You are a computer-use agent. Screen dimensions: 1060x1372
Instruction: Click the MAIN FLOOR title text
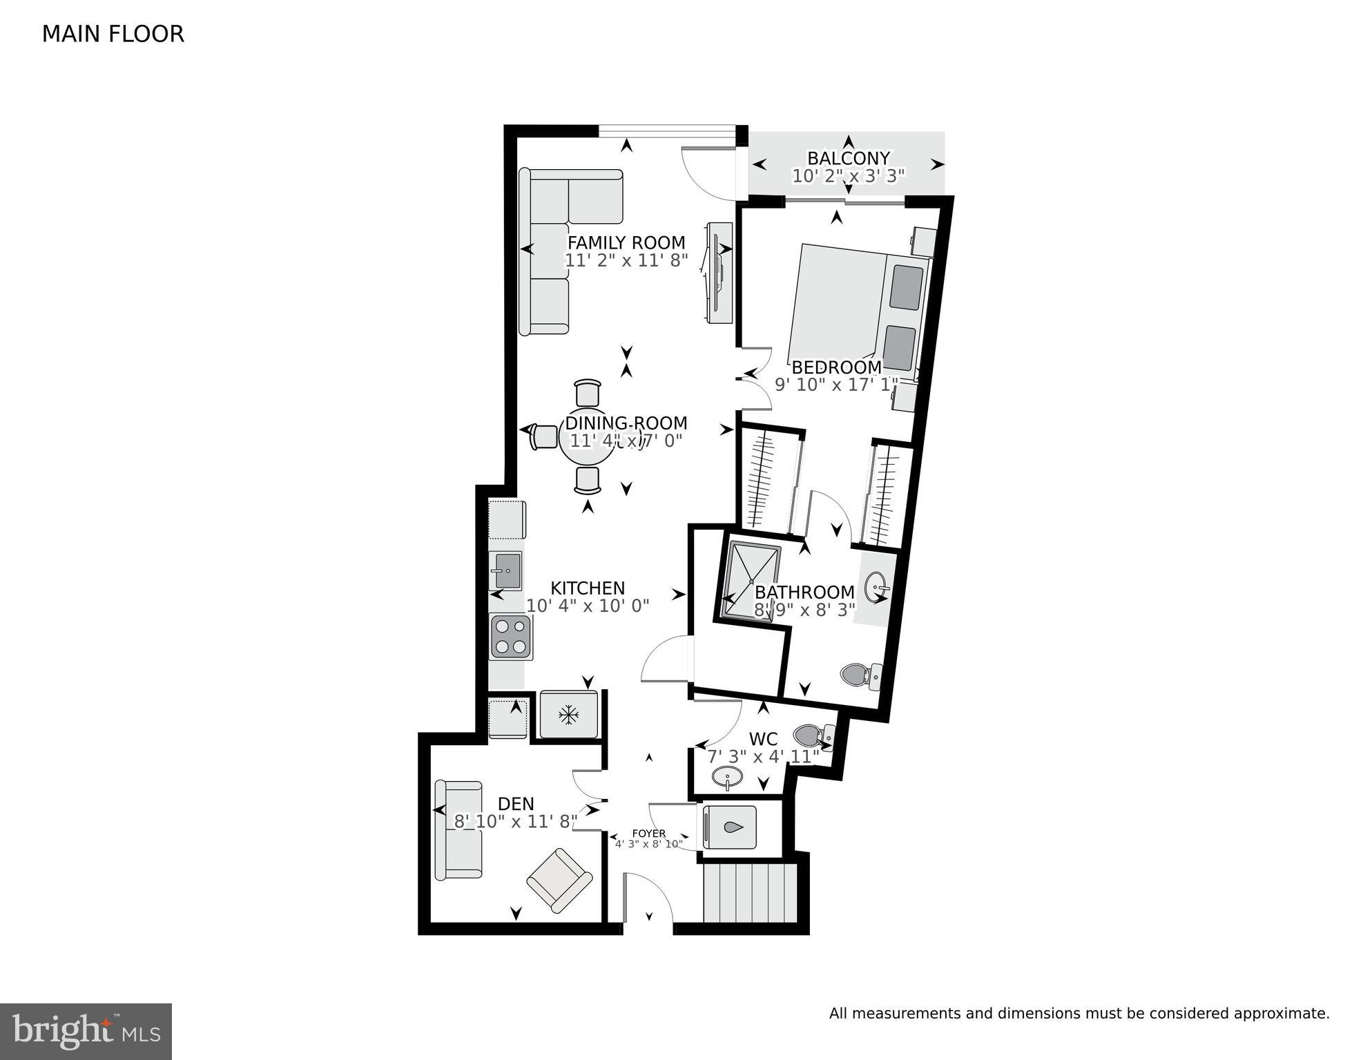[113, 34]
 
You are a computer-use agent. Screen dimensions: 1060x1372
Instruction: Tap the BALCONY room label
[848, 158]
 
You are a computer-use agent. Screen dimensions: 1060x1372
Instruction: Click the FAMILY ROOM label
[626, 242]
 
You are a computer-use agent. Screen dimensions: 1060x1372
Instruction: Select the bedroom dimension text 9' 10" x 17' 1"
[836, 385]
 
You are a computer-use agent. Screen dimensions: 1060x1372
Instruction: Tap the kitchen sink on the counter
[505, 570]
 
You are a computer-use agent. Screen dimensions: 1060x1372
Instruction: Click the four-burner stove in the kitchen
[510, 636]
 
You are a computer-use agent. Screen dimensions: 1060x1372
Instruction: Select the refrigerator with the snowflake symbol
[568, 714]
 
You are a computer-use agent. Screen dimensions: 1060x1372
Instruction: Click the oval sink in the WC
[727, 778]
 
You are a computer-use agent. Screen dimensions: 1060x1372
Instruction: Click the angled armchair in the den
[559, 880]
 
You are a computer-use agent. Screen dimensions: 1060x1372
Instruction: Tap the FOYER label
[648, 833]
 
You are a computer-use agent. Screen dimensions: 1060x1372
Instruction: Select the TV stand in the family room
[718, 272]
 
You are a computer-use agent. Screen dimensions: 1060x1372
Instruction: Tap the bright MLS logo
[86, 1030]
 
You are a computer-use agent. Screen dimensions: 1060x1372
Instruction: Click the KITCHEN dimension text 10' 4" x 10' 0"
[588, 606]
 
